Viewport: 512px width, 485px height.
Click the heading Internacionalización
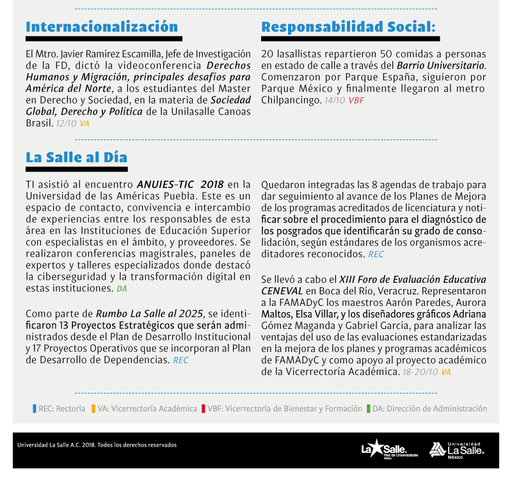click(x=102, y=27)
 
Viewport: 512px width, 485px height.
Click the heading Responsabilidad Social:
click(x=348, y=27)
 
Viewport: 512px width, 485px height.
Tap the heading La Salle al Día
click(x=76, y=157)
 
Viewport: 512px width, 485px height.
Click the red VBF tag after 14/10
click(x=356, y=100)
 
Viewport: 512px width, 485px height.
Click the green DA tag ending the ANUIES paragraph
click(x=122, y=289)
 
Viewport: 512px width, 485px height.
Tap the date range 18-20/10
click(x=420, y=372)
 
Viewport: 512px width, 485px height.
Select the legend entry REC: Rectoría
click(x=59, y=408)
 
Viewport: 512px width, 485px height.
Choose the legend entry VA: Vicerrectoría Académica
click(x=144, y=408)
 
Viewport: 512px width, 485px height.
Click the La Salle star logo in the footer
click(x=389, y=450)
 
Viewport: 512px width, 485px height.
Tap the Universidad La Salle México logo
click(x=456, y=450)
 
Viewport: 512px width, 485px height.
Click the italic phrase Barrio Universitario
click(x=441, y=65)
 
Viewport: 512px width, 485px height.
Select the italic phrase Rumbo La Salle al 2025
click(x=149, y=314)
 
